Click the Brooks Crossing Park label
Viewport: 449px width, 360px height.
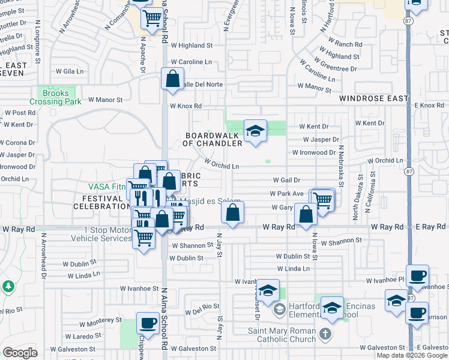point(59,98)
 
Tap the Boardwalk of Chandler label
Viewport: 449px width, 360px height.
point(213,140)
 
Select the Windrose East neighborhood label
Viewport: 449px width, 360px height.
point(373,98)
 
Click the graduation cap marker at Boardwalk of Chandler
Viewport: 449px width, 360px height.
point(255,131)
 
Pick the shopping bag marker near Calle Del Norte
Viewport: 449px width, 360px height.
point(173,80)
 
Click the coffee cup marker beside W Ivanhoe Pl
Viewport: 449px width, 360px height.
point(417,277)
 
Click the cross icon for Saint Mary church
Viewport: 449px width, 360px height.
point(325,334)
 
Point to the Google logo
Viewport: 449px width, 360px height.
point(20,353)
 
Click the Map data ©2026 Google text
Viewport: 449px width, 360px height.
point(412,355)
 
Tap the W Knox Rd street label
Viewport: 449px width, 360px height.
point(185,106)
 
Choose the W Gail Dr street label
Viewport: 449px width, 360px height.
point(286,180)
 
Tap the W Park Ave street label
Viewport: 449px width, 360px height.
point(286,194)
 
